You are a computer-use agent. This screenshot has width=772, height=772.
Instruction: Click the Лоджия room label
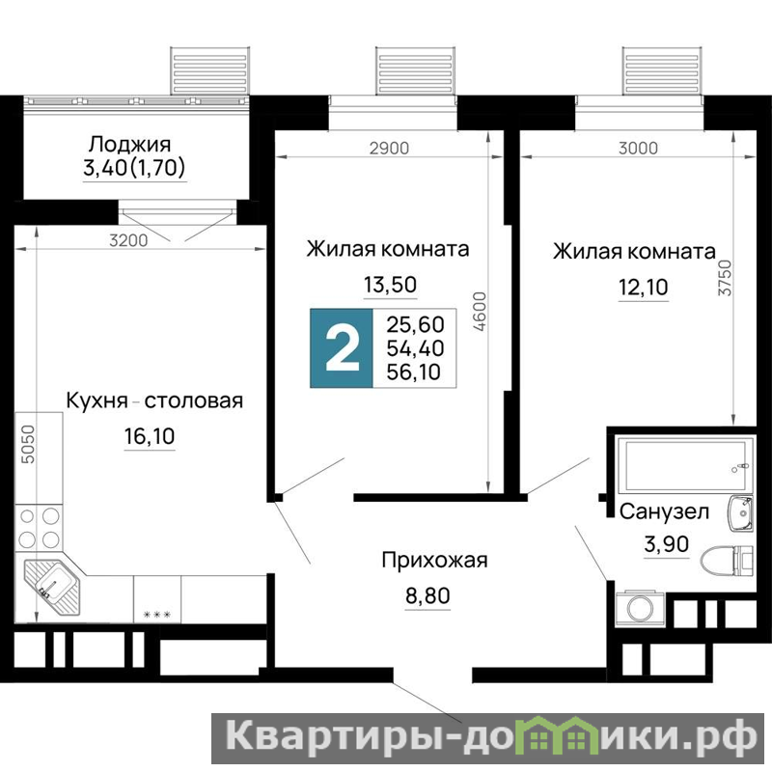click(129, 145)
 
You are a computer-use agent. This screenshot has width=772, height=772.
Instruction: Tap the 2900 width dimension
click(389, 148)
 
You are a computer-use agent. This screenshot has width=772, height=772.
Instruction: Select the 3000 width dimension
click(638, 148)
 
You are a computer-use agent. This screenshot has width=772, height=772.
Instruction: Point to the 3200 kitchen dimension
click(128, 240)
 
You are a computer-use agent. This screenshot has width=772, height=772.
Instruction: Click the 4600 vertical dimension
click(479, 311)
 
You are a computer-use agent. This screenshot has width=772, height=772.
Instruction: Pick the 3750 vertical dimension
click(725, 278)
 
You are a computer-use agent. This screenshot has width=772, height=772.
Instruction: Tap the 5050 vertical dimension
click(29, 444)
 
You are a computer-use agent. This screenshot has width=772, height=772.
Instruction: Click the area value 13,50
click(390, 285)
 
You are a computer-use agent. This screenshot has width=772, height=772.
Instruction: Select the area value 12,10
click(643, 287)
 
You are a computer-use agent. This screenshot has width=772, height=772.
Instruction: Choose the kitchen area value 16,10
click(150, 436)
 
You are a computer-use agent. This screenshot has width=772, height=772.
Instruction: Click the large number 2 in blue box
click(343, 348)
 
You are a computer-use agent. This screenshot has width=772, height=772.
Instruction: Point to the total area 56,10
click(415, 372)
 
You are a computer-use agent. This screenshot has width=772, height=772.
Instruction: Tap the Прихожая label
click(434, 561)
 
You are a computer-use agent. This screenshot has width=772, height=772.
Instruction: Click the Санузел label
click(664, 511)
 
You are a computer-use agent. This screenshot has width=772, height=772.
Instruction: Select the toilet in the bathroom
click(727, 561)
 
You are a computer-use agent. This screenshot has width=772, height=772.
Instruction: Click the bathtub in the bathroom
click(685, 465)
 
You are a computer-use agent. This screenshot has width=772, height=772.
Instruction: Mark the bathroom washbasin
click(740, 513)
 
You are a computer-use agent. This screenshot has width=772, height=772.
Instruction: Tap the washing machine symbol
click(640, 608)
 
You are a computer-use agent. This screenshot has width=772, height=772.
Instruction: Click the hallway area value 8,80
click(427, 595)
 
